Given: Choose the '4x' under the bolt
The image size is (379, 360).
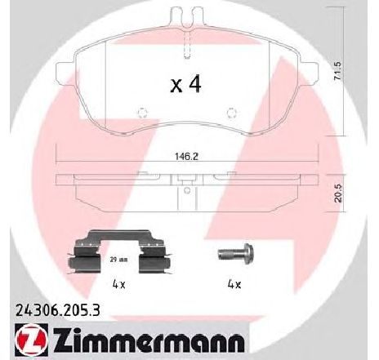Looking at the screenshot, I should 234,284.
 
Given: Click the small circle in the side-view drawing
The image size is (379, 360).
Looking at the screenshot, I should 187,193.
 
